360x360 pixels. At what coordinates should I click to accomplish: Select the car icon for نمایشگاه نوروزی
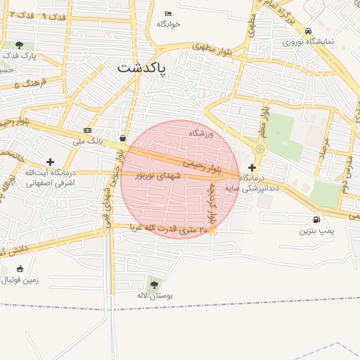pos(309,31)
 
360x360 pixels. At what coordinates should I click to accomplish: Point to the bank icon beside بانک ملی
pos(87,130)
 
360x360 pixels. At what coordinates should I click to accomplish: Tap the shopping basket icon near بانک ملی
pos(124,139)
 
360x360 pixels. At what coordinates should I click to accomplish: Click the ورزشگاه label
pos(200,132)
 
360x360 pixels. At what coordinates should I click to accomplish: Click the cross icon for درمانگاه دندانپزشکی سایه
pos(252,167)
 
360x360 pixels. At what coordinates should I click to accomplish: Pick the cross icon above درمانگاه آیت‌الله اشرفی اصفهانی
pos(50,162)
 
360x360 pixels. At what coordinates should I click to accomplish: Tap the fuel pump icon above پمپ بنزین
pos(316,219)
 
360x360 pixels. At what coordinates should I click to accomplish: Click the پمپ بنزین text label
pos(318,231)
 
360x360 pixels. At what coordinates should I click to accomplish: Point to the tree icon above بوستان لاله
pos(154,284)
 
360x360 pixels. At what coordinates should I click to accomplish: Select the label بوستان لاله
pos(155,296)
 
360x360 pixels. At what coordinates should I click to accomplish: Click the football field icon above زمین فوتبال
pos(19,269)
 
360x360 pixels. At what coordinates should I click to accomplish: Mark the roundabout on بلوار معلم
pos(261,149)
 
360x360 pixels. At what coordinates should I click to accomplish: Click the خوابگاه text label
pos(169,24)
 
